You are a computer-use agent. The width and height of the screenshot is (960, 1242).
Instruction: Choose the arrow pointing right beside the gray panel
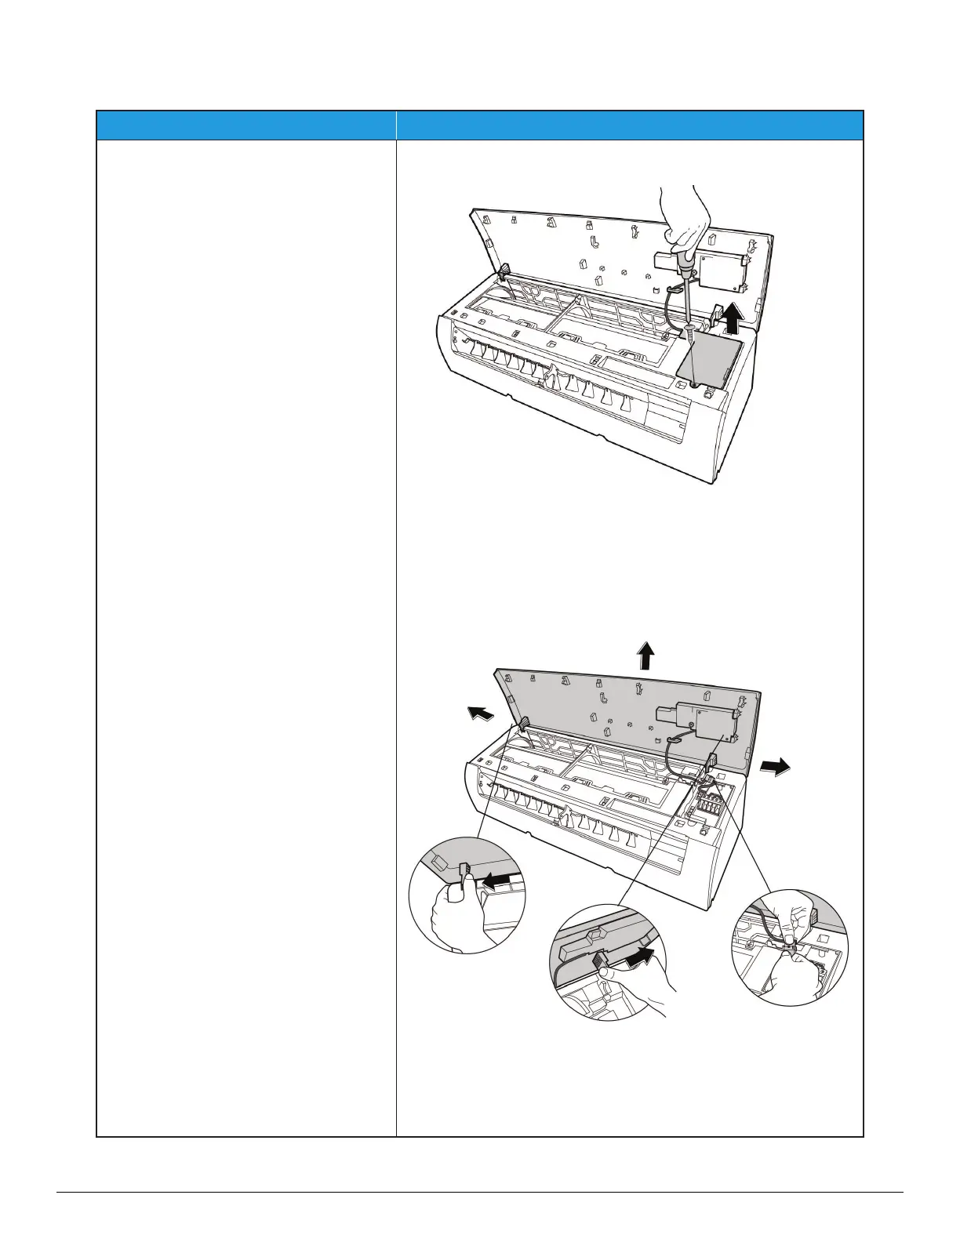(776, 768)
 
